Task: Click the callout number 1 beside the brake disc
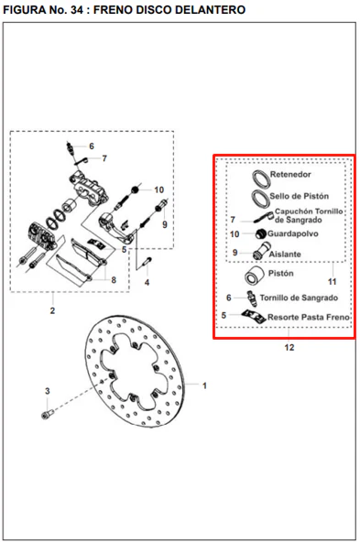point(204,385)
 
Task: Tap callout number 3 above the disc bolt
point(48,391)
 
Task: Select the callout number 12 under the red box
point(289,347)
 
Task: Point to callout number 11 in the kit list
point(332,282)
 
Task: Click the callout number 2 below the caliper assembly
point(52,310)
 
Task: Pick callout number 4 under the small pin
point(147,282)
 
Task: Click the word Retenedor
point(290,175)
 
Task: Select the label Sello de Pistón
point(300,196)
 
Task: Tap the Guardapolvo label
point(293,234)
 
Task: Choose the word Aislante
point(285,255)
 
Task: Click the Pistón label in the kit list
point(281,274)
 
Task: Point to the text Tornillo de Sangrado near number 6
point(299,298)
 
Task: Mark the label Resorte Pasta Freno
point(309,318)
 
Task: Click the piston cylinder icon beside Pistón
point(254,276)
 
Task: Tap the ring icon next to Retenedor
point(261,179)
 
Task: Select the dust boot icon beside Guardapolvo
point(261,234)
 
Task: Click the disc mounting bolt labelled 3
point(47,414)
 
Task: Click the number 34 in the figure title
point(77,10)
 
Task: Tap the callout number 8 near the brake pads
point(114,280)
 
